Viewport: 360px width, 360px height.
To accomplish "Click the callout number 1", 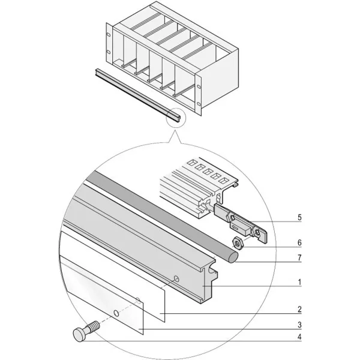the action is [x=299, y=282].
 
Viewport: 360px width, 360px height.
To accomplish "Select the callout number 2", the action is [x=299, y=309].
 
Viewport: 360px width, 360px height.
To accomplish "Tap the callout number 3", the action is [x=299, y=325].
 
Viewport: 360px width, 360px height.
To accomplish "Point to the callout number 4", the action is [x=299, y=337].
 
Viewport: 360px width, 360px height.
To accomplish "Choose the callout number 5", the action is [x=299, y=217].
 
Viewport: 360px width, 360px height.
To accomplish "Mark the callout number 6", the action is [x=299, y=242].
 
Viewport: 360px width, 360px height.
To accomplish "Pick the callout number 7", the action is [x=299, y=258].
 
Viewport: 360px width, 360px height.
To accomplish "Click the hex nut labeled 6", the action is [x=238, y=243].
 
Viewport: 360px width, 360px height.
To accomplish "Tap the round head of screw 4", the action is [x=79, y=335].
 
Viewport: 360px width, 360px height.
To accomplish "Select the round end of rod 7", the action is [x=234, y=257].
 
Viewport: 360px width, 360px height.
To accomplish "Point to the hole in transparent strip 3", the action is [x=116, y=313].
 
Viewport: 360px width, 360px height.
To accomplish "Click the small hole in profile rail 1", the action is [x=176, y=279].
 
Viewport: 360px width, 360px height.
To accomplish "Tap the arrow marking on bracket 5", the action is [x=235, y=228].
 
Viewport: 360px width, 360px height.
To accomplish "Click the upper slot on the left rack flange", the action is [x=109, y=35].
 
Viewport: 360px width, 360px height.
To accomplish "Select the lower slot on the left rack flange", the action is [x=109, y=52].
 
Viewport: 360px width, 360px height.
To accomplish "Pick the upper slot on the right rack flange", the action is [x=199, y=86].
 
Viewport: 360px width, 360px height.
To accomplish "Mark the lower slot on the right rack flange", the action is [x=199, y=104].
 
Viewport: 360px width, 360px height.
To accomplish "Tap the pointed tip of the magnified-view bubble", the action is [x=175, y=130].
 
